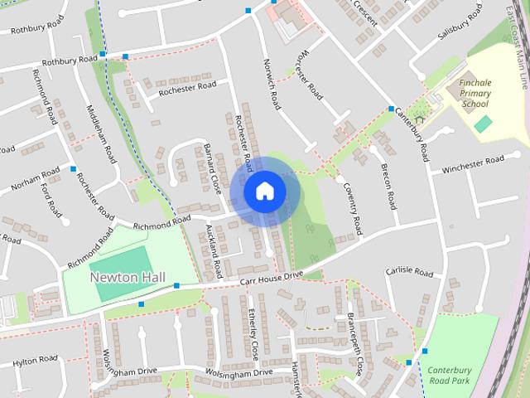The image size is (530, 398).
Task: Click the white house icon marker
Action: pos(264,191)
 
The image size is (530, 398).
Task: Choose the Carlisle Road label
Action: pos(409,272)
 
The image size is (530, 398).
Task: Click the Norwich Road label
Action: pos(270,85)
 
